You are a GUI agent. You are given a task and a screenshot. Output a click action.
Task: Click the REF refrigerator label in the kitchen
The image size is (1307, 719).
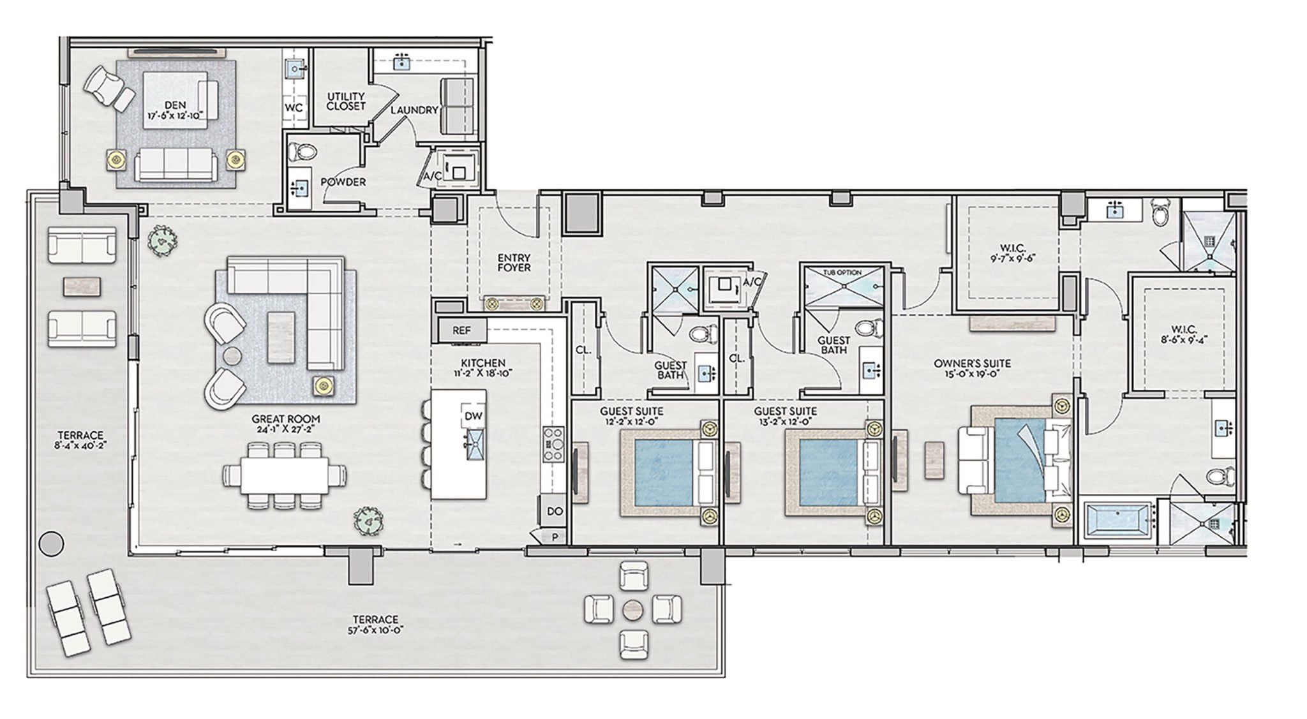click(x=461, y=330)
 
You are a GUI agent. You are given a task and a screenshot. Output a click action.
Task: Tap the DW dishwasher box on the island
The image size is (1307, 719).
click(x=474, y=416)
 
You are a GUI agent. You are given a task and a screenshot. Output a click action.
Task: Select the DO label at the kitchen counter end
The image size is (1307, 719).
click(x=555, y=512)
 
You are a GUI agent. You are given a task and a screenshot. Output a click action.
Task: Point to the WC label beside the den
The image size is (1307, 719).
click(x=294, y=108)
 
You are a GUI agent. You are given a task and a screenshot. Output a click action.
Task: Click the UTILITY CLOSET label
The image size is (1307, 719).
click(x=346, y=101)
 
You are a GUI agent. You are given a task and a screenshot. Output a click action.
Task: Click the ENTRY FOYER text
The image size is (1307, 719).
click(x=514, y=263)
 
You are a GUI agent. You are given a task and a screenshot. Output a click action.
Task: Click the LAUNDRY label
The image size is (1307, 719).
click(x=414, y=110)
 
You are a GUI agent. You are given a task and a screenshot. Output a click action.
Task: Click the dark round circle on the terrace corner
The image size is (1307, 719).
click(x=51, y=543)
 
